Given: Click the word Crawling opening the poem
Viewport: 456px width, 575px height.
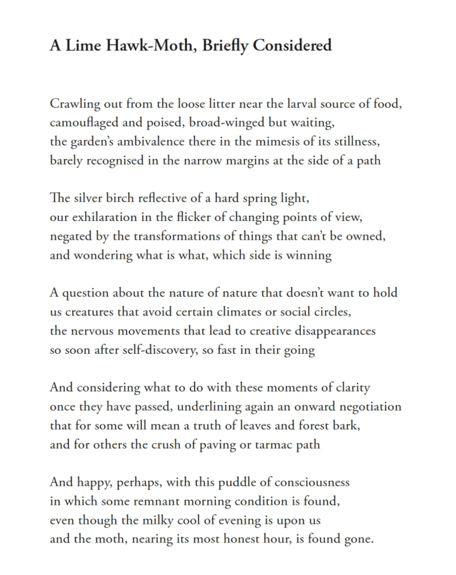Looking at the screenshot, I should tap(74, 104).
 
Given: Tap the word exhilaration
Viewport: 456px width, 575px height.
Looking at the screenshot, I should tap(108, 218).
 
